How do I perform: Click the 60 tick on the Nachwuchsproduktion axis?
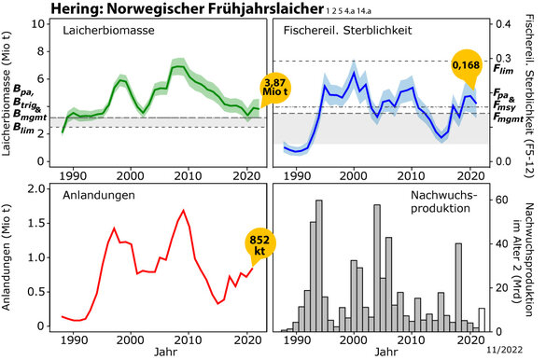[501, 199]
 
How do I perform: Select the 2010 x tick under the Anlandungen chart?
[188, 339]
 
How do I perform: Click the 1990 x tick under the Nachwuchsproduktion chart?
[297, 339]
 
